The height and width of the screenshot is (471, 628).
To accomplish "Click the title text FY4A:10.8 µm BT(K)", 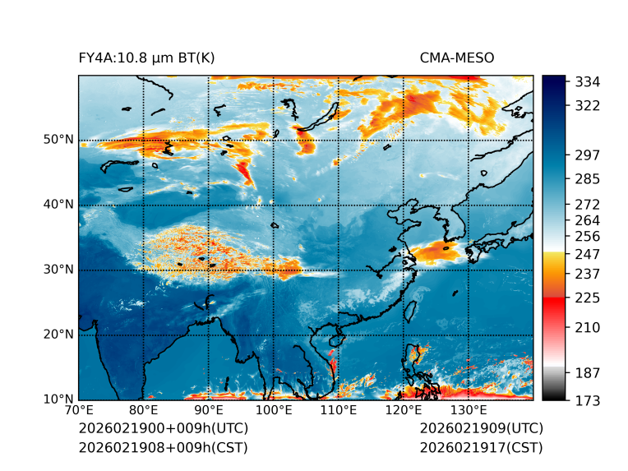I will click(146, 58).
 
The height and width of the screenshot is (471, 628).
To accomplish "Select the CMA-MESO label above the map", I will click(456, 58).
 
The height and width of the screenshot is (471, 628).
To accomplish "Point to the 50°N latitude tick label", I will click(58, 140).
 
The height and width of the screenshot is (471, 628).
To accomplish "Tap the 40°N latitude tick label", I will click(58, 205).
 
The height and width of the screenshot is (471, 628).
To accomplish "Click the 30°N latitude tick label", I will click(58, 270).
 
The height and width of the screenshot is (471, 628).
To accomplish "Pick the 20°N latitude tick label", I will click(58, 335).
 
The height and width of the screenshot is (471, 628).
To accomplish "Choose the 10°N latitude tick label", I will click(58, 399).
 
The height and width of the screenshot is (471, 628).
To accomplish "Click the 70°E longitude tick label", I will click(79, 411).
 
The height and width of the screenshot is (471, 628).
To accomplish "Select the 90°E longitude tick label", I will click(209, 411).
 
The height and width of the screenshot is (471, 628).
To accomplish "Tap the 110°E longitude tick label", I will click(338, 411).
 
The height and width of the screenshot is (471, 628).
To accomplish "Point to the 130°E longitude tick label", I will click(468, 411).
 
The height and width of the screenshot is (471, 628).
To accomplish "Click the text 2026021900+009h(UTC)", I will click(163, 429).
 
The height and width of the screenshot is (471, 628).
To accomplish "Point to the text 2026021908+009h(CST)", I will click(163, 448).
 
